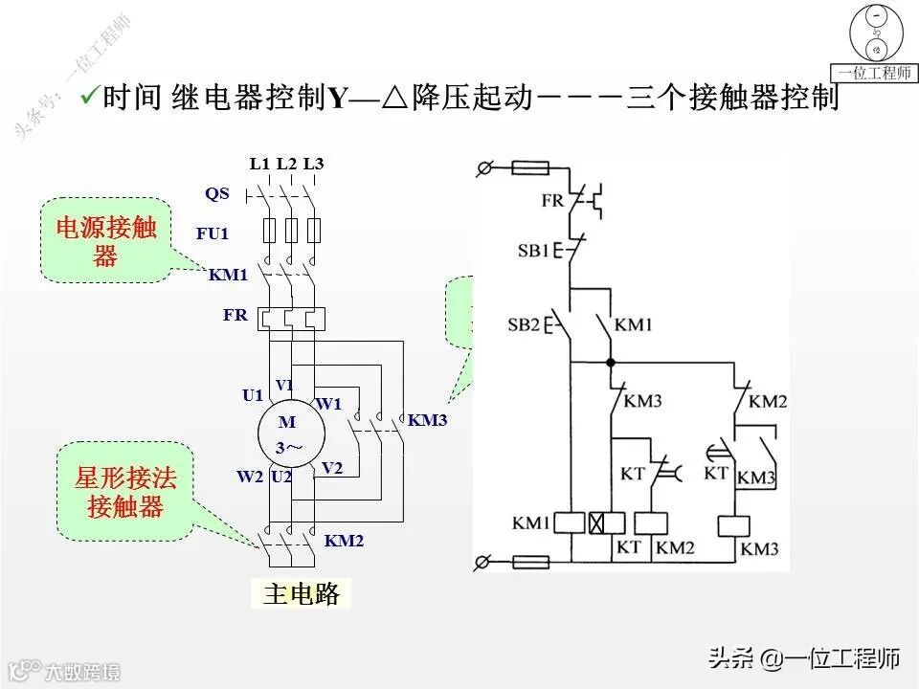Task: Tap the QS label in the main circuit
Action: click(217, 193)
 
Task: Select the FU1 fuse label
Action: click(213, 233)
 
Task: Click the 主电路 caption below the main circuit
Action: click(302, 594)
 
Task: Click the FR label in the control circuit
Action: click(552, 201)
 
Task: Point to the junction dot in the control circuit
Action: click(611, 362)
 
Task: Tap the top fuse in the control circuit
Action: click(529, 168)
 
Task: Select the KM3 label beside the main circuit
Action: click(427, 420)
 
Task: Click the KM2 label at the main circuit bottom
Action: click(345, 541)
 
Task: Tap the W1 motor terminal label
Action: click(328, 404)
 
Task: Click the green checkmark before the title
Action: click(90, 97)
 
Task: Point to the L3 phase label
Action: click(313, 164)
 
